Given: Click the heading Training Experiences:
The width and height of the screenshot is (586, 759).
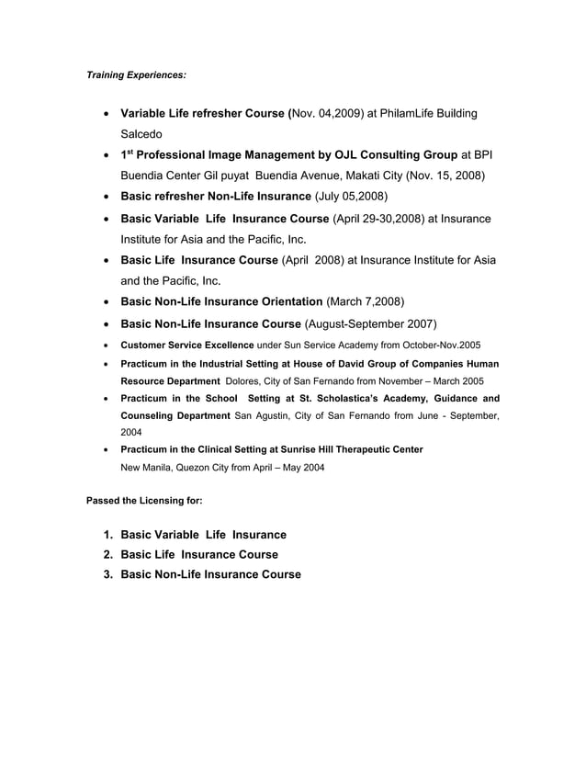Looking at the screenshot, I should coord(136,74).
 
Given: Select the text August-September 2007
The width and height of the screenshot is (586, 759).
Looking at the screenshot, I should coord(370,324).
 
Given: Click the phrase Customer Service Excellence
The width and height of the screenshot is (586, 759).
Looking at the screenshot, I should coord(187,345).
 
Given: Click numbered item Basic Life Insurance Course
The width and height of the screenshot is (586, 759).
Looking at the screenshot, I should coord(199,555).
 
